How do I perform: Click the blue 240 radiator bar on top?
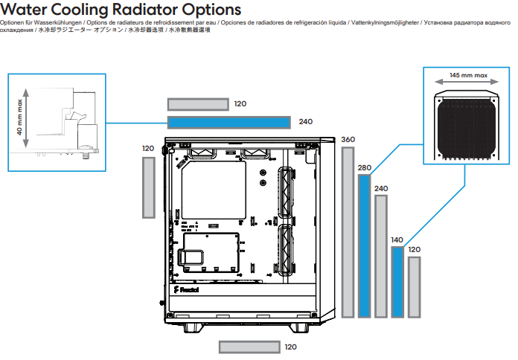229,123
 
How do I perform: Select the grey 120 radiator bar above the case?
198,104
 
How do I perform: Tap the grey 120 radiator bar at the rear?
149,187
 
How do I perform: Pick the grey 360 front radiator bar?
348,233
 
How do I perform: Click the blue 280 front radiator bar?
365,246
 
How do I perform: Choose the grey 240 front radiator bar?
381,257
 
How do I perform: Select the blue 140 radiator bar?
397,282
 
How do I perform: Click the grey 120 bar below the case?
249,347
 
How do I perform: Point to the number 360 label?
348,140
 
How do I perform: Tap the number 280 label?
365,168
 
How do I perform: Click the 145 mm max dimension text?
468,75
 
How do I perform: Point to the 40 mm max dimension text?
20,117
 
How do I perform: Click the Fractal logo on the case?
186,289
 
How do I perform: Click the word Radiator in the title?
144,9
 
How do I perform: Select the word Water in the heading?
24,9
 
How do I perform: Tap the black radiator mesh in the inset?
466,129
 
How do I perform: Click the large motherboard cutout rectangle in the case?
214,190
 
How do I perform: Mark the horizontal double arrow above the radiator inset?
467,82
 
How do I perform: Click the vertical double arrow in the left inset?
26,118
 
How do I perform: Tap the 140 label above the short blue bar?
397,240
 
